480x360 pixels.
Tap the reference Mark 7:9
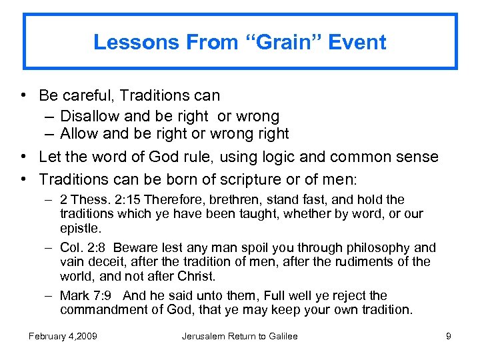pos(85,296)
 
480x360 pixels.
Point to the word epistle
pos(79,228)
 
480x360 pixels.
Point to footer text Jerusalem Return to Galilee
pos(239,336)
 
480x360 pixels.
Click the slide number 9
pos(448,336)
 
